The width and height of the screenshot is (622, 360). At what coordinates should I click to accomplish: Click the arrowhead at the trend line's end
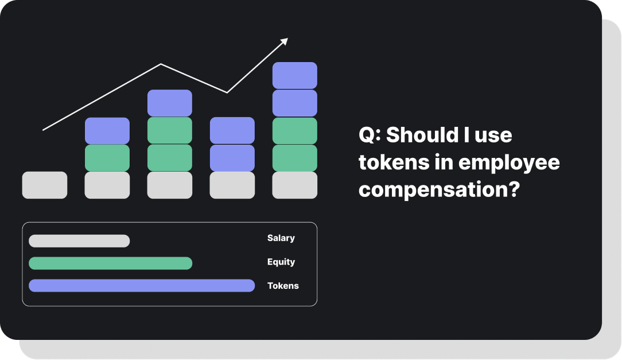pos(285,41)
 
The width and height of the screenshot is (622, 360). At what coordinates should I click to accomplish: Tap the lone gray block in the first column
pos(45,185)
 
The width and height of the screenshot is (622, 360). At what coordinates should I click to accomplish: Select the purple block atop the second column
pos(107,131)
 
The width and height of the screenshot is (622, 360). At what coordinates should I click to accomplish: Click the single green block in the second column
pos(107,158)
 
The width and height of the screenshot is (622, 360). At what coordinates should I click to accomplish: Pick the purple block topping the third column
pos(170,103)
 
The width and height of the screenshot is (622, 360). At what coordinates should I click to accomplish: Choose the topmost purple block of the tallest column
pos(295,75)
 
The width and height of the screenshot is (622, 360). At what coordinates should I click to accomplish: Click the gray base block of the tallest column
pos(295,185)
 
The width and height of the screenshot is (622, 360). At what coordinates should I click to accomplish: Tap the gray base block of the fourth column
pos(232,185)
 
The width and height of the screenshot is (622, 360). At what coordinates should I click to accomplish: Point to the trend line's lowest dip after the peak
pos(227,92)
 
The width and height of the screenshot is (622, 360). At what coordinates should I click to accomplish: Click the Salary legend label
pos(281,238)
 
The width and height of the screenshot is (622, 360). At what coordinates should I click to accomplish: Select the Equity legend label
pos(281,262)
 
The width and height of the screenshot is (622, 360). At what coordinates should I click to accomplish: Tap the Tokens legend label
pos(283,285)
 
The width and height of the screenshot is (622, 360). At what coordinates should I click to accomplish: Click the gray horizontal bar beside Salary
pos(79,241)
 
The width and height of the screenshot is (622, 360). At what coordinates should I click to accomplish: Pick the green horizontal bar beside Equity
pos(110,263)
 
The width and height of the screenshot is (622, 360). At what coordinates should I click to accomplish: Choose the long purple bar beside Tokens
pos(142,285)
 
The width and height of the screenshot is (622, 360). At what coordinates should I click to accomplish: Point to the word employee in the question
pos(510,162)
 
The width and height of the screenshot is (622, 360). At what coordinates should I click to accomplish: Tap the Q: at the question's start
pos(370,136)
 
